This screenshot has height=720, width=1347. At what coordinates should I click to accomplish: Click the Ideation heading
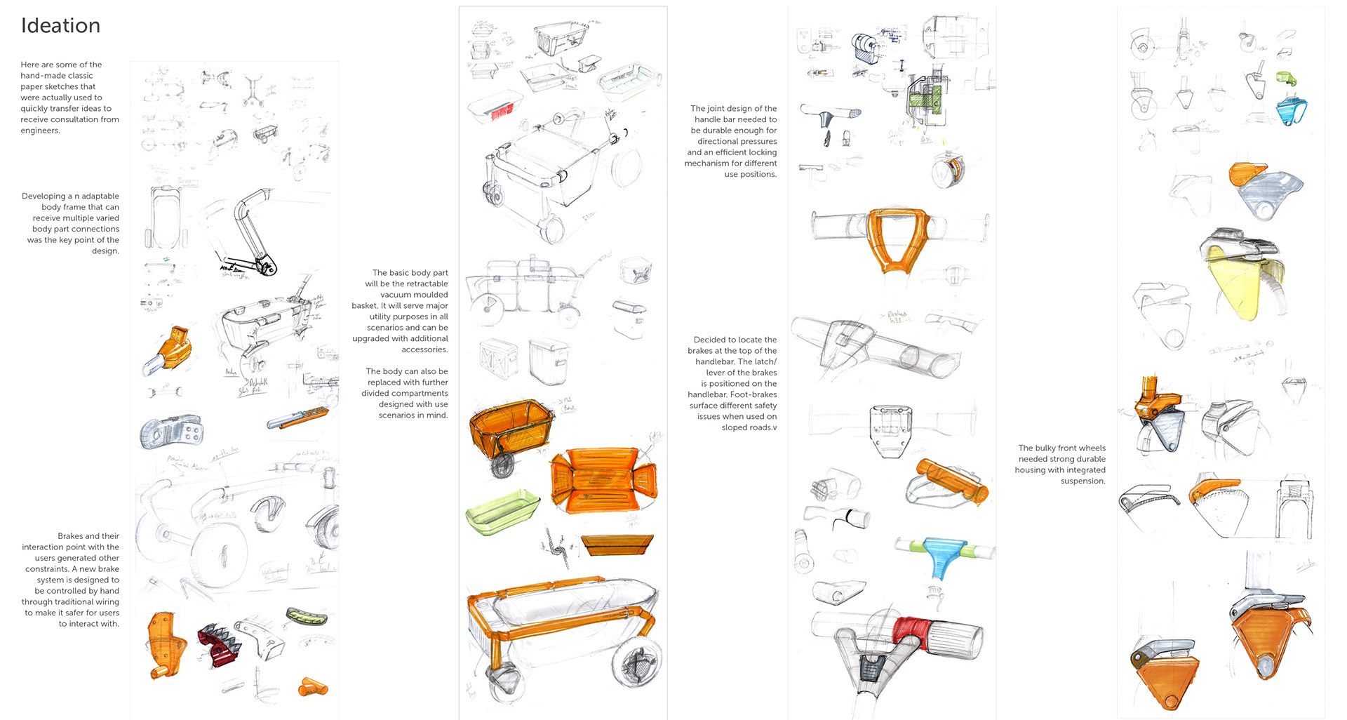tap(60, 26)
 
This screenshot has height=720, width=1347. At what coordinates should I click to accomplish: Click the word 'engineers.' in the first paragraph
tap(40, 131)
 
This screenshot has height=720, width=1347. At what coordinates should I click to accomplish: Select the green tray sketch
tap(502, 512)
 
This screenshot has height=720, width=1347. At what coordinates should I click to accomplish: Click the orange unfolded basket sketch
tap(602, 479)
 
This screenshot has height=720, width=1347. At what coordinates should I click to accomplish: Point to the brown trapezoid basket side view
tap(617, 545)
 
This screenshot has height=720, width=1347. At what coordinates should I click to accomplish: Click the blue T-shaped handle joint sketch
tap(945, 554)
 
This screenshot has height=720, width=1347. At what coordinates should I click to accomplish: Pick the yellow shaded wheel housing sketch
tap(1242, 288)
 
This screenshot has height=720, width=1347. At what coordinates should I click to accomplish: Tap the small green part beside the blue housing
tap(1285, 78)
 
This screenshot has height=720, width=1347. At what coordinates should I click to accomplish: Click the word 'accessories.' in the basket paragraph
tap(424, 349)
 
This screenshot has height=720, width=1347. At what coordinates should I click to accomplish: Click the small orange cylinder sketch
tap(312, 687)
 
